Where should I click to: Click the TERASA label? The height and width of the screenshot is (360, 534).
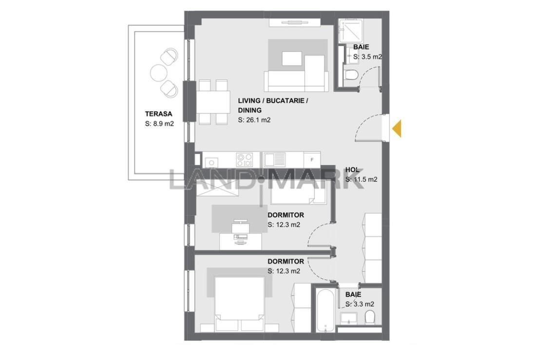click(158, 114)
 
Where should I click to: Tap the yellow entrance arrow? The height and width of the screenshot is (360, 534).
click(397, 129)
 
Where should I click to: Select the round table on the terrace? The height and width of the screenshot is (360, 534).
click(158, 72)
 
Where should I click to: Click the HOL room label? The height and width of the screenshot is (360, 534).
click(352, 170)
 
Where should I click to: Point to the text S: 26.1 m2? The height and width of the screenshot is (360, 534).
click(254, 120)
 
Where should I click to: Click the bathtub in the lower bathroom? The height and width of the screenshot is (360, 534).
click(325, 310)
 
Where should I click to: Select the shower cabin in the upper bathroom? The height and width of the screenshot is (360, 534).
click(351, 31)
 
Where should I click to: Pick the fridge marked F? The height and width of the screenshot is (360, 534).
click(312, 159)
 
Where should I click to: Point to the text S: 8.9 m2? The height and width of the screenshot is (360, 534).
click(159, 124)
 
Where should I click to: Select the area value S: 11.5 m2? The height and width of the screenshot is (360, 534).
click(362, 179)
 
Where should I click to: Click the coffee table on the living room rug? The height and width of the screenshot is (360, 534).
click(292, 58)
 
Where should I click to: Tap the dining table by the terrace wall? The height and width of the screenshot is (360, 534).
click(213, 102)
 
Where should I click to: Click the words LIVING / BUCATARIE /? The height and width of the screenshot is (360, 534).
click(273, 101)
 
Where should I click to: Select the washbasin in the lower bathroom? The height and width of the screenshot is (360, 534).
click(348, 318)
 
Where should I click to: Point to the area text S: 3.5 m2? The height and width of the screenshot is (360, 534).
click(368, 57)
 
